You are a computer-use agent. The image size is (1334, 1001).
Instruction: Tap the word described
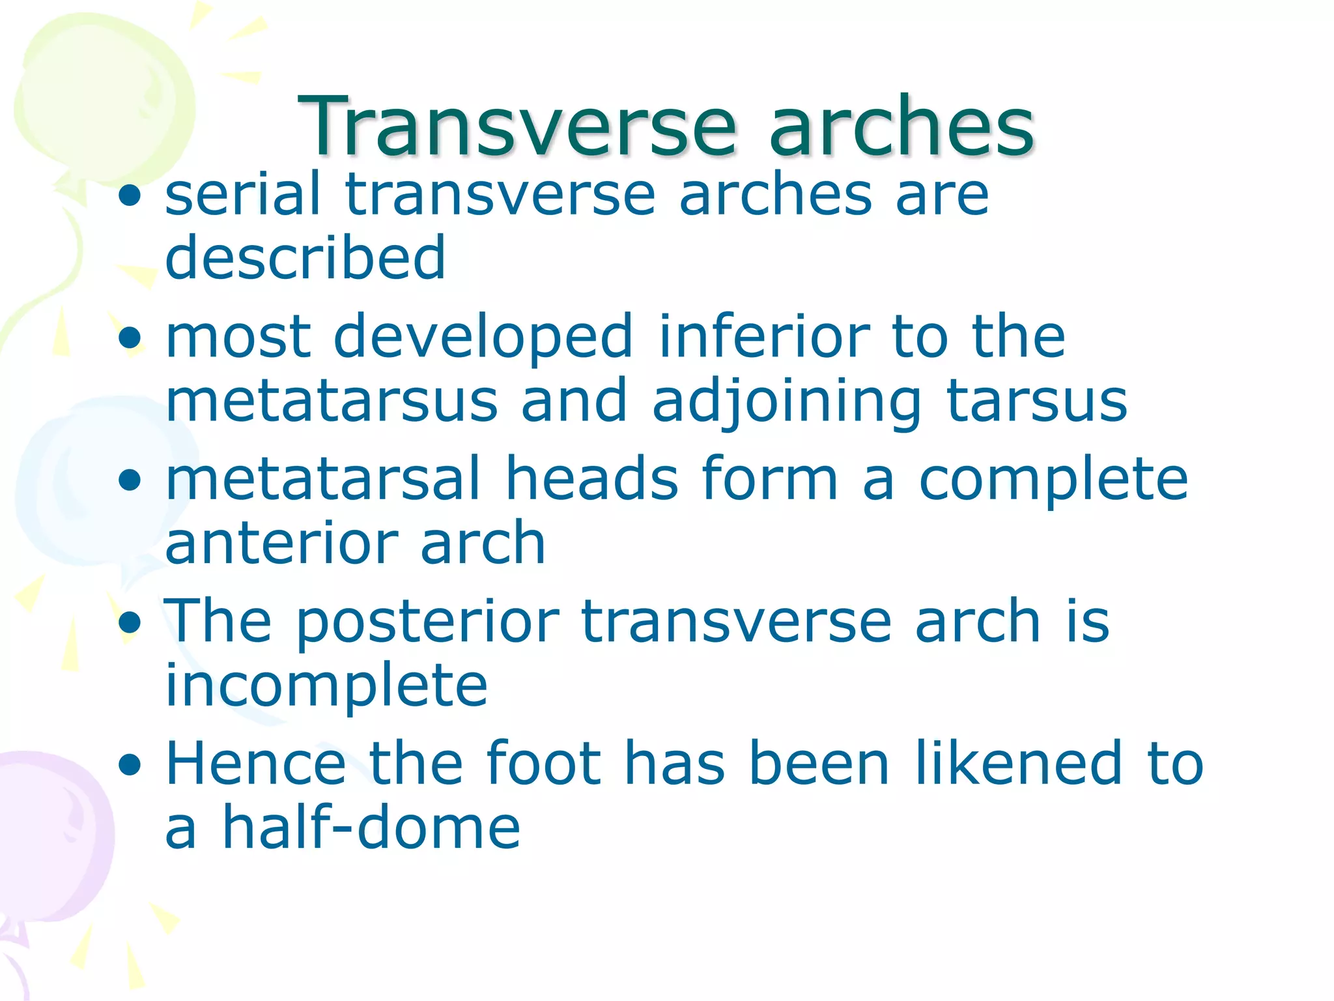click(305, 257)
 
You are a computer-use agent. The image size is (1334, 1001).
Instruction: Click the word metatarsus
click(332, 401)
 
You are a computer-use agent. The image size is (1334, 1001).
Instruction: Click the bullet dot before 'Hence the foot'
click(131, 765)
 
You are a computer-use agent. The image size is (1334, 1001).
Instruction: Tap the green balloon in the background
click(98, 98)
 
